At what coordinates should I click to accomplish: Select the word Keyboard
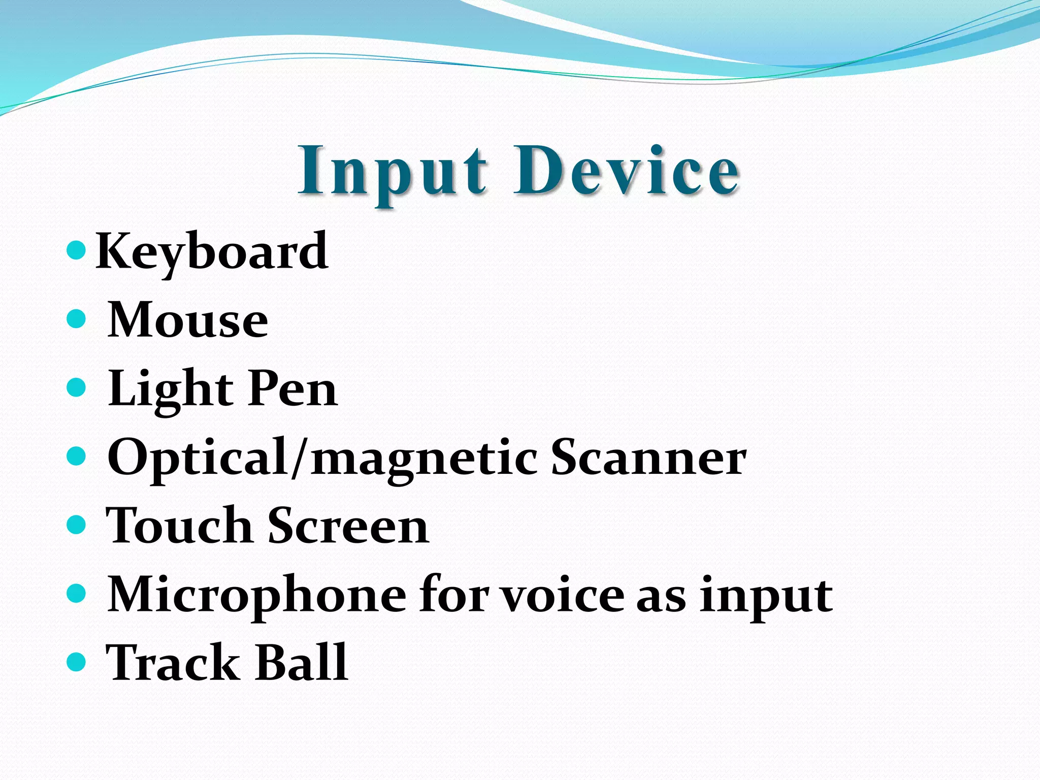pyautogui.click(x=212, y=251)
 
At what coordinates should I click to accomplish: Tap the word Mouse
pyautogui.click(x=188, y=320)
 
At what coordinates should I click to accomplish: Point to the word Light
pyautogui.click(x=170, y=389)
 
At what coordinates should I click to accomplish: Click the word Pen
pyautogui.click(x=293, y=389)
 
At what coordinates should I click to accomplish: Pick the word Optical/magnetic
pyautogui.click(x=322, y=458)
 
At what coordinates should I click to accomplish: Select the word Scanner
pyautogui.click(x=648, y=458)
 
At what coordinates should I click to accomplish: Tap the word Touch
pyautogui.click(x=178, y=526)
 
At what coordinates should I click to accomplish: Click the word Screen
pyautogui.click(x=348, y=526)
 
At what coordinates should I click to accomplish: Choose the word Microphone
pyautogui.click(x=257, y=595)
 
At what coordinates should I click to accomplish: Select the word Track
pyautogui.click(x=172, y=662)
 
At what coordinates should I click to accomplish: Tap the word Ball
pyautogui.click(x=301, y=662)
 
